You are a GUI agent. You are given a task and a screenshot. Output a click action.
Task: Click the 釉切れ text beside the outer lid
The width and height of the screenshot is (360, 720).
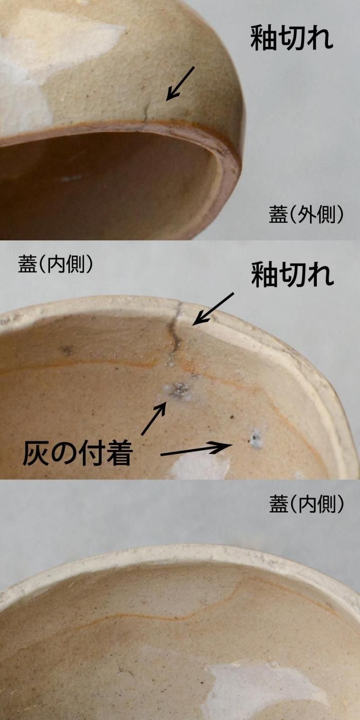pyautogui.click(x=292, y=38)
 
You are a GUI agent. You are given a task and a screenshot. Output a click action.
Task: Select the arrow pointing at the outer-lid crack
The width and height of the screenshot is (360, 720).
pyautogui.click(x=180, y=83)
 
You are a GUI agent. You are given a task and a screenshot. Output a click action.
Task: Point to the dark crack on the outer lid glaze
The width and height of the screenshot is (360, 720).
pyautogui.click(x=146, y=112)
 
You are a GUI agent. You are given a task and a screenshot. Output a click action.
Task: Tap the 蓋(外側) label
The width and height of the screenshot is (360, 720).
pyautogui.click(x=306, y=215)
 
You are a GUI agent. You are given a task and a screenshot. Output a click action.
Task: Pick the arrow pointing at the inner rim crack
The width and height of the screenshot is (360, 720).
pyautogui.click(x=213, y=308)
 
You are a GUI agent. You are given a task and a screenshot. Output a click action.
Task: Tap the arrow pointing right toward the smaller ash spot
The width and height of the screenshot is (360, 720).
pyautogui.click(x=196, y=450)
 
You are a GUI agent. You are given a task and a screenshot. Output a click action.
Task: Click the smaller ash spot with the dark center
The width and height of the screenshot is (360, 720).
pyautogui.click(x=256, y=437)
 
